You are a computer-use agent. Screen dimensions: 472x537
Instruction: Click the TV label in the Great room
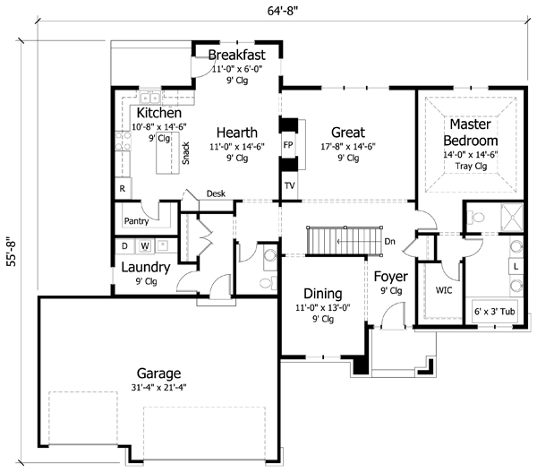pyautogui.click(x=289, y=185)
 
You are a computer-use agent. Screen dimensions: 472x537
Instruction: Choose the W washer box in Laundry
pyautogui.click(x=142, y=245)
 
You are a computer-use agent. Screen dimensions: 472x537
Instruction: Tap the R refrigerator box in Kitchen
pyautogui.click(x=122, y=189)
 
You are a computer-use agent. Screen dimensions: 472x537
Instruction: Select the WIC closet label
pyautogui.click(x=444, y=291)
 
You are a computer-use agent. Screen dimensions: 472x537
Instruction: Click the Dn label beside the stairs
pyautogui.click(x=389, y=241)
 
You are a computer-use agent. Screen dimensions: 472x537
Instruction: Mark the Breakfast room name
pyautogui.click(x=236, y=56)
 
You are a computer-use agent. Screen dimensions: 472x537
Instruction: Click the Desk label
pyautogui.click(x=216, y=193)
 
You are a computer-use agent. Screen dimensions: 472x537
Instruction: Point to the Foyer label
pyautogui.click(x=390, y=276)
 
